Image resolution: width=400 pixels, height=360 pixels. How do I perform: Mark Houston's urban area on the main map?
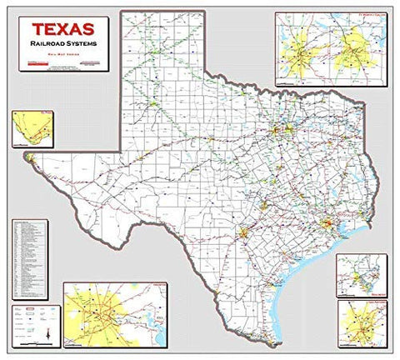(326, 225)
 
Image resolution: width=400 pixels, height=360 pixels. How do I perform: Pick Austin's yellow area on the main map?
(264, 205)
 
